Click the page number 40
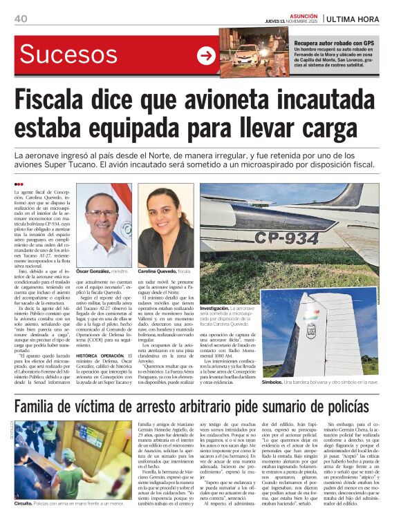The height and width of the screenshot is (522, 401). click(21, 18)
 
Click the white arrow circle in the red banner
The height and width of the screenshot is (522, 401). click(206, 56)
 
